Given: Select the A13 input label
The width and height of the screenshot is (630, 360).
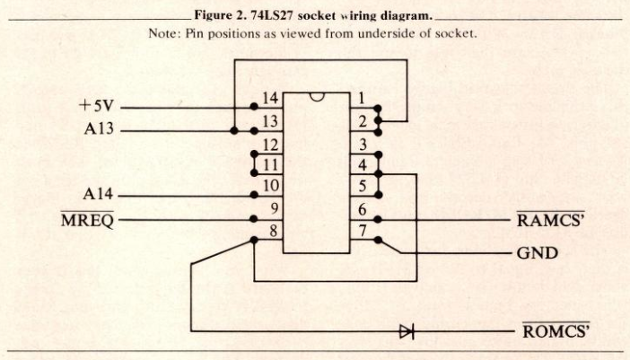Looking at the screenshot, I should [101, 129].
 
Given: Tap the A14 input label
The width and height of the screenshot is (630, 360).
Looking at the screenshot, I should [101, 194].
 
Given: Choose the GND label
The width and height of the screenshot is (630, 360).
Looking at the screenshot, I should [537, 253].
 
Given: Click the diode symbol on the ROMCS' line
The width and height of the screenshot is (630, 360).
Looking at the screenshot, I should [406, 331].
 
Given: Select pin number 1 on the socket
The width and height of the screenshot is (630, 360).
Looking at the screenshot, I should [360, 98].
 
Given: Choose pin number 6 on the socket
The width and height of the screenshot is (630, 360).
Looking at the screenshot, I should [360, 210].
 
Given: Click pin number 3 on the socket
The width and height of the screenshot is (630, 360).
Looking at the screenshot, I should [360, 144].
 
